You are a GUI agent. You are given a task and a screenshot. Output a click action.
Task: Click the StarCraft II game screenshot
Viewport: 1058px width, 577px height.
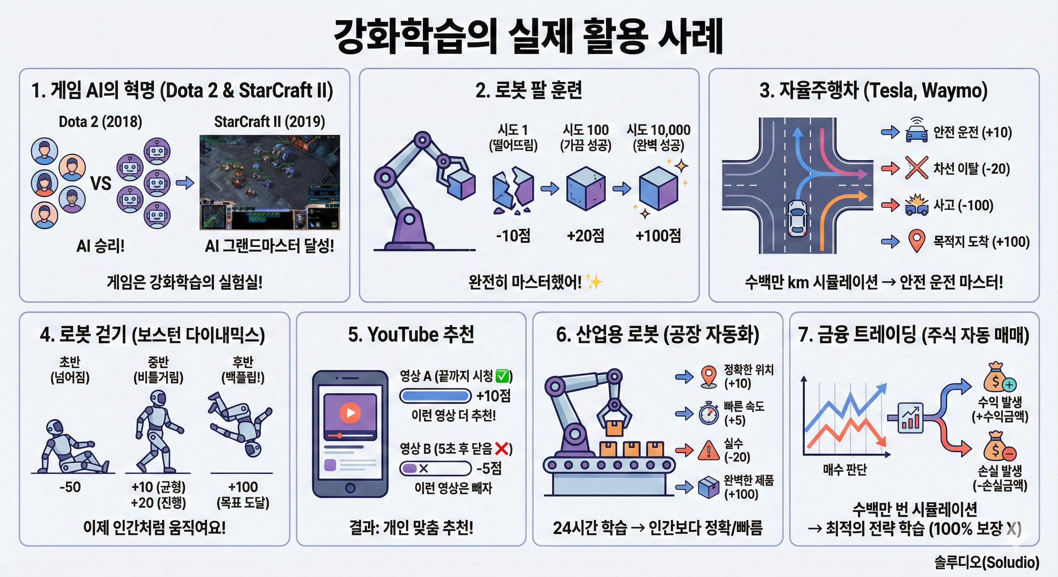pyautogui.click(x=270, y=182)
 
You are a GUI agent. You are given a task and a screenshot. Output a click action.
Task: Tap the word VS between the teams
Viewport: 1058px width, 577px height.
pyautogui.click(x=101, y=183)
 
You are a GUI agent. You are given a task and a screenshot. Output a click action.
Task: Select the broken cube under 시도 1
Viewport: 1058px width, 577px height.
pyautogui.click(x=512, y=190)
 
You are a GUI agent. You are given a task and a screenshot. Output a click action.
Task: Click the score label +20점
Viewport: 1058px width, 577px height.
pyautogui.click(x=585, y=236)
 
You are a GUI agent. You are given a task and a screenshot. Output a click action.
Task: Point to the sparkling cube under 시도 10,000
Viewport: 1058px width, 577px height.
pyautogui.click(x=658, y=188)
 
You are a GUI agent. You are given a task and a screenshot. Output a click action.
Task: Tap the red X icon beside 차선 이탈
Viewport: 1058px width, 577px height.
pyautogui.click(x=916, y=168)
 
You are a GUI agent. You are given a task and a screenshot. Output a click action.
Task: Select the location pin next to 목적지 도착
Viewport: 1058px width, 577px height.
pyautogui.click(x=916, y=241)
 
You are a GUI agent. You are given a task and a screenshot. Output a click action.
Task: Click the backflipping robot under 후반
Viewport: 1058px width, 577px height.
pyautogui.click(x=240, y=423)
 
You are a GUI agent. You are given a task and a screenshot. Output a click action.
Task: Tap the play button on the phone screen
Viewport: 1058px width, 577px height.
pyautogui.click(x=350, y=412)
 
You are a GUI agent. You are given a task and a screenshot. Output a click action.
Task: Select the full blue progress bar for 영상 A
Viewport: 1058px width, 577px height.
pyautogui.click(x=435, y=396)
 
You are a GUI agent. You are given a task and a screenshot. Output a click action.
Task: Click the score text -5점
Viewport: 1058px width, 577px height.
pyautogui.click(x=489, y=468)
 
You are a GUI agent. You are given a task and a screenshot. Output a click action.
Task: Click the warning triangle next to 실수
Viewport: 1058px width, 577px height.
pyautogui.click(x=709, y=450)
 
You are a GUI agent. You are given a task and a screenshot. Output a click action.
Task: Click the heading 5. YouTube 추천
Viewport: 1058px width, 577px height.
pyautogui.click(x=411, y=334)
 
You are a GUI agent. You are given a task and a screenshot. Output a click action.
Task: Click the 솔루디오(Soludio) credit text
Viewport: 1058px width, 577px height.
pyautogui.click(x=987, y=562)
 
